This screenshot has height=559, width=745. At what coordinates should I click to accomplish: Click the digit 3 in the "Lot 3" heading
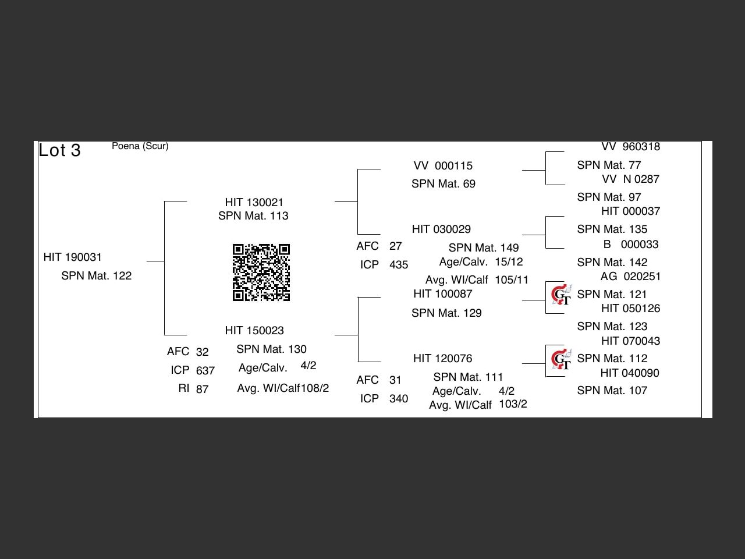click(x=76, y=150)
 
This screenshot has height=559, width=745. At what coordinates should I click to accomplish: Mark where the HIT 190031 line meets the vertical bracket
click(x=164, y=261)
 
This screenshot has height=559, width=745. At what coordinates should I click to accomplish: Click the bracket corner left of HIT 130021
click(x=164, y=201)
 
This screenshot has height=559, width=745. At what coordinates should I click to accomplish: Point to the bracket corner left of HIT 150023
click(x=164, y=335)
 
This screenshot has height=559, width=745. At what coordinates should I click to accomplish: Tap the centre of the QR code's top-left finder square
click(x=238, y=249)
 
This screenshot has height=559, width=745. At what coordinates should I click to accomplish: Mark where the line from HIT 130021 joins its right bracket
click(x=358, y=201)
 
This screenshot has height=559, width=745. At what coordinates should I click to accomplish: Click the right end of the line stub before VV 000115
click(x=381, y=169)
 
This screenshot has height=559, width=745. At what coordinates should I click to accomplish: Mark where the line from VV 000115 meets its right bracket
click(x=546, y=170)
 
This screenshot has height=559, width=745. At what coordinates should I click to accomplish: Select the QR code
click(x=261, y=272)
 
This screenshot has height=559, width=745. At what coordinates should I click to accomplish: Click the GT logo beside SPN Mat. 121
click(x=562, y=295)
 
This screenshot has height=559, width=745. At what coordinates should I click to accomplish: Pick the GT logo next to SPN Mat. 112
click(x=562, y=359)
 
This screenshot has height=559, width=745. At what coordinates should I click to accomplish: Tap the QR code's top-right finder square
click(x=285, y=249)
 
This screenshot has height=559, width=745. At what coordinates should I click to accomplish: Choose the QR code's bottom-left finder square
click(x=238, y=296)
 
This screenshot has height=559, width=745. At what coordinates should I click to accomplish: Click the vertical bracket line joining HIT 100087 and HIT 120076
click(x=358, y=330)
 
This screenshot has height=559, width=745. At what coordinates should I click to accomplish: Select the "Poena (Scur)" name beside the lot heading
click(x=140, y=146)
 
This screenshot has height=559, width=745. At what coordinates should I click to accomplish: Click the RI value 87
click(x=203, y=389)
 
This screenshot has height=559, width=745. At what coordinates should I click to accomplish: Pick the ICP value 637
click(x=205, y=370)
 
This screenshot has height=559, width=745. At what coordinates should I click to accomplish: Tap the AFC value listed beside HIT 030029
click(x=395, y=246)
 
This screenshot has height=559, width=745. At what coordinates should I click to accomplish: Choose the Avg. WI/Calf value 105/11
click(x=512, y=279)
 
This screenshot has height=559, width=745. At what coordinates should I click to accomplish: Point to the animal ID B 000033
click(x=631, y=245)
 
